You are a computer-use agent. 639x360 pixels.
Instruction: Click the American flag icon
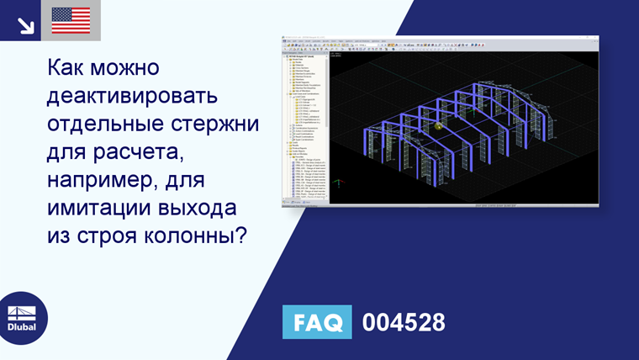(71, 20)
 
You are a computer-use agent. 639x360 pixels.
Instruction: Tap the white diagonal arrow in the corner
(25, 24)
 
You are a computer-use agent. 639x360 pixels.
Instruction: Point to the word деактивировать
(133, 94)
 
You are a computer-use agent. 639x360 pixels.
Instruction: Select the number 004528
(404, 322)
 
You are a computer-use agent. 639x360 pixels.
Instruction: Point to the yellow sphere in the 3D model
(438, 125)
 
